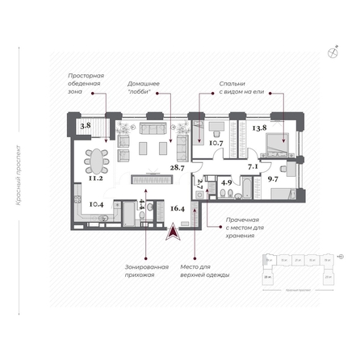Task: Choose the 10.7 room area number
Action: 216,144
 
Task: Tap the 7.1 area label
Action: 253,168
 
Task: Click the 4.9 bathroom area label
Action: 227,182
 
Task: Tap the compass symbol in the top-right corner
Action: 333,53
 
